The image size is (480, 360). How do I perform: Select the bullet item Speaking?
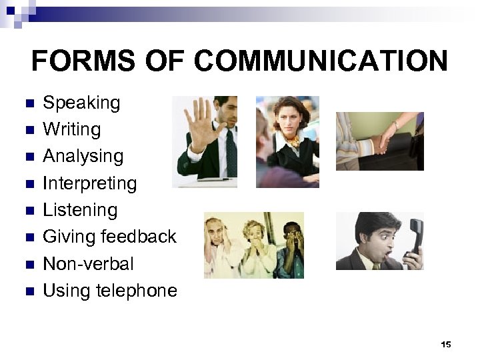tap(81, 103)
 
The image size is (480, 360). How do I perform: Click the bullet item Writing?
tap(71, 129)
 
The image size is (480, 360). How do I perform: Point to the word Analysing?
tap(83, 157)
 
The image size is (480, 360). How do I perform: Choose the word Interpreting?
tap(89, 183)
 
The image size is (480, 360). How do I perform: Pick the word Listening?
tap(80, 210)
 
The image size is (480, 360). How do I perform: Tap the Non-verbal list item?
tap(88, 264)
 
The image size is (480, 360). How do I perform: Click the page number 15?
tap(446, 344)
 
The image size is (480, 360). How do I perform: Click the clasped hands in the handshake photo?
tap(381, 142)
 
